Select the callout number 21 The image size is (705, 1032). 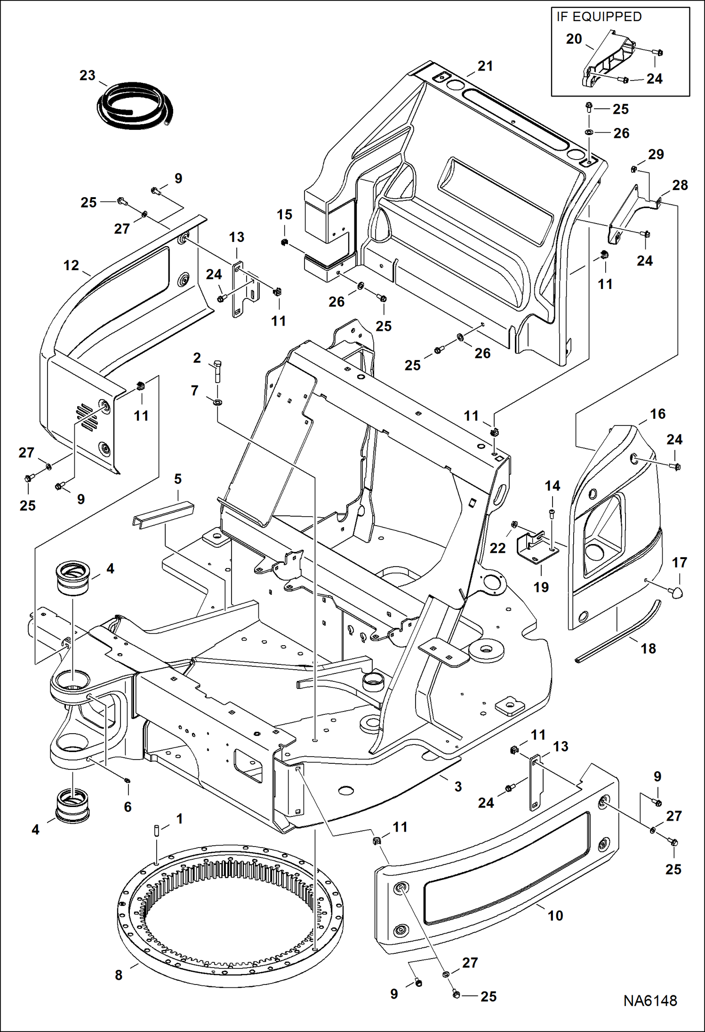(x=485, y=66)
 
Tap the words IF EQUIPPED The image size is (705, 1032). (x=599, y=17)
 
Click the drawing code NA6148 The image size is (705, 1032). (x=650, y=1001)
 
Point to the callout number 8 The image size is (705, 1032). (x=119, y=975)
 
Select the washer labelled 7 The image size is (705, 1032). (x=218, y=402)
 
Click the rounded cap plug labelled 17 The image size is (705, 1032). (x=676, y=592)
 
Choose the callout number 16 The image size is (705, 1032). (x=657, y=414)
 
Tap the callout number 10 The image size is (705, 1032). (x=555, y=915)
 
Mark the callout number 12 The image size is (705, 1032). (x=71, y=265)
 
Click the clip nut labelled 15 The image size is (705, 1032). (x=284, y=242)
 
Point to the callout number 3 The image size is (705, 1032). (x=458, y=786)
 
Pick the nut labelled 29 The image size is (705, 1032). (x=634, y=169)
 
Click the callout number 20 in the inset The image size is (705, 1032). (x=574, y=39)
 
